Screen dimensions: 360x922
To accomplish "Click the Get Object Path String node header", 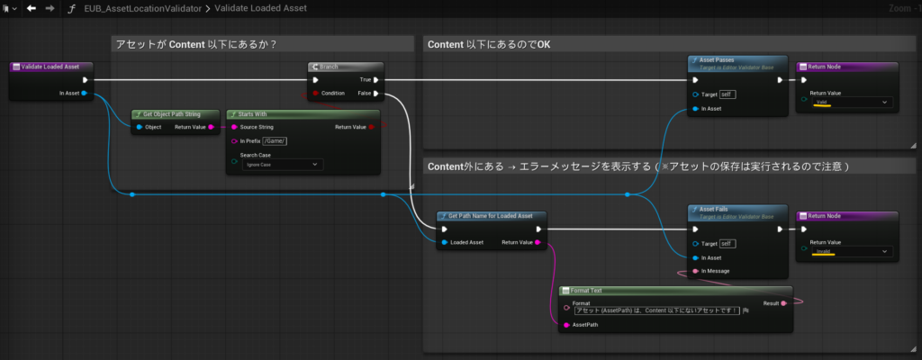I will click(x=176, y=114).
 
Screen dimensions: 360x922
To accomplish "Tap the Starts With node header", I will click(x=303, y=114).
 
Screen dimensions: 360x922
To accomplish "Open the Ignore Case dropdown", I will click(x=281, y=165).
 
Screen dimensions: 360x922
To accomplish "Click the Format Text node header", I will click(x=675, y=291).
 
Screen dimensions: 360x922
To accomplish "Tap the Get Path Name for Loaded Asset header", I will click(x=491, y=216).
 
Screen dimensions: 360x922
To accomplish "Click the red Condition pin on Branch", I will click(x=314, y=93).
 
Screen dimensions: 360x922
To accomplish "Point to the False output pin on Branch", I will click(x=377, y=93).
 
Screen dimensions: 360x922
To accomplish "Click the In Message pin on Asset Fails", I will click(x=694, y=271).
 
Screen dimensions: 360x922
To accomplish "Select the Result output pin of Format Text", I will click(x=783, y=303).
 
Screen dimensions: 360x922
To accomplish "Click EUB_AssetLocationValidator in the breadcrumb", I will click(x=118, y=8).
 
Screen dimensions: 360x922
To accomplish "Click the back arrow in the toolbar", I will click(x=31, y=8).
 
